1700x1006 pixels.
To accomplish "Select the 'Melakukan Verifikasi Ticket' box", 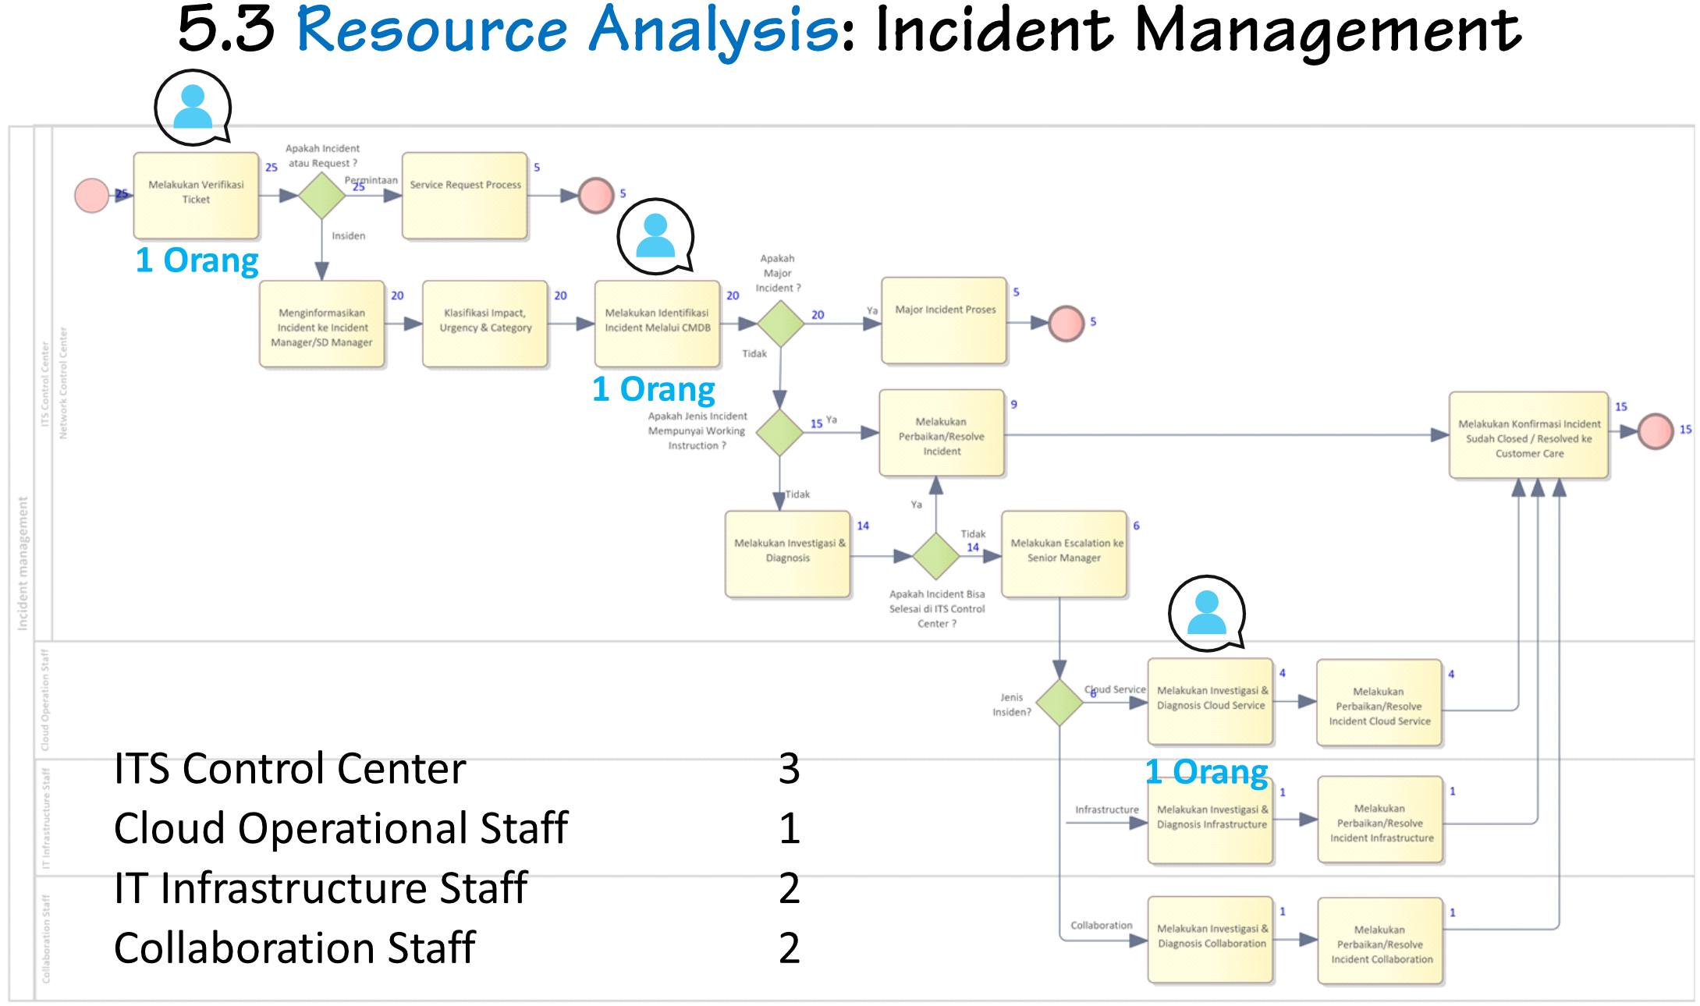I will [x=196, y=195].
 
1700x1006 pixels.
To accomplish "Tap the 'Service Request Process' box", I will [x=465, y=195].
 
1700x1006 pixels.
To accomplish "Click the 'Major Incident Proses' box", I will [x=944, y=320].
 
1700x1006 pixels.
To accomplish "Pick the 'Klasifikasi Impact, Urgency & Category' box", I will [x=485, y=324].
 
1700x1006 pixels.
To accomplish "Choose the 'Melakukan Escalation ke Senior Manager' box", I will [x=1064, y=554].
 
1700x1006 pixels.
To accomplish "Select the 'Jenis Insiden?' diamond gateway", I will [x=1059, y=703].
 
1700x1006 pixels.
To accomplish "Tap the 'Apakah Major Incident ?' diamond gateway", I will [x=780, y=323].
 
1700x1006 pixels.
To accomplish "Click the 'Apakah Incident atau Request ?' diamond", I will [x=322, y=195].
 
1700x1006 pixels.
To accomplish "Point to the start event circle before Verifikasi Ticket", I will [x=91, y=195].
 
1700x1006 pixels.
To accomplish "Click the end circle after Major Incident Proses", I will [x=1066, y=323].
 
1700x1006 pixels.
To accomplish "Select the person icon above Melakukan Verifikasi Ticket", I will [x=193, y=107].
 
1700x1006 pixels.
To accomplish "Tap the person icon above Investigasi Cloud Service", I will [x=1207, y=613].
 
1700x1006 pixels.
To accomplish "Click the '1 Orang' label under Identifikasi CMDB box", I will [x=654, y=388].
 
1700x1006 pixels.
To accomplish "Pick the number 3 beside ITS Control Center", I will [x=789, y=769].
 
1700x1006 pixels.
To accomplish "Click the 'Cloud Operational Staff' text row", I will [x=341, y=828].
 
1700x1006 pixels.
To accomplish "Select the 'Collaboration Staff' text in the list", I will [x=295, y=948].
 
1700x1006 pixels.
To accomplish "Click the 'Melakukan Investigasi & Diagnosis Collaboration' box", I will [x=1211, y=940].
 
